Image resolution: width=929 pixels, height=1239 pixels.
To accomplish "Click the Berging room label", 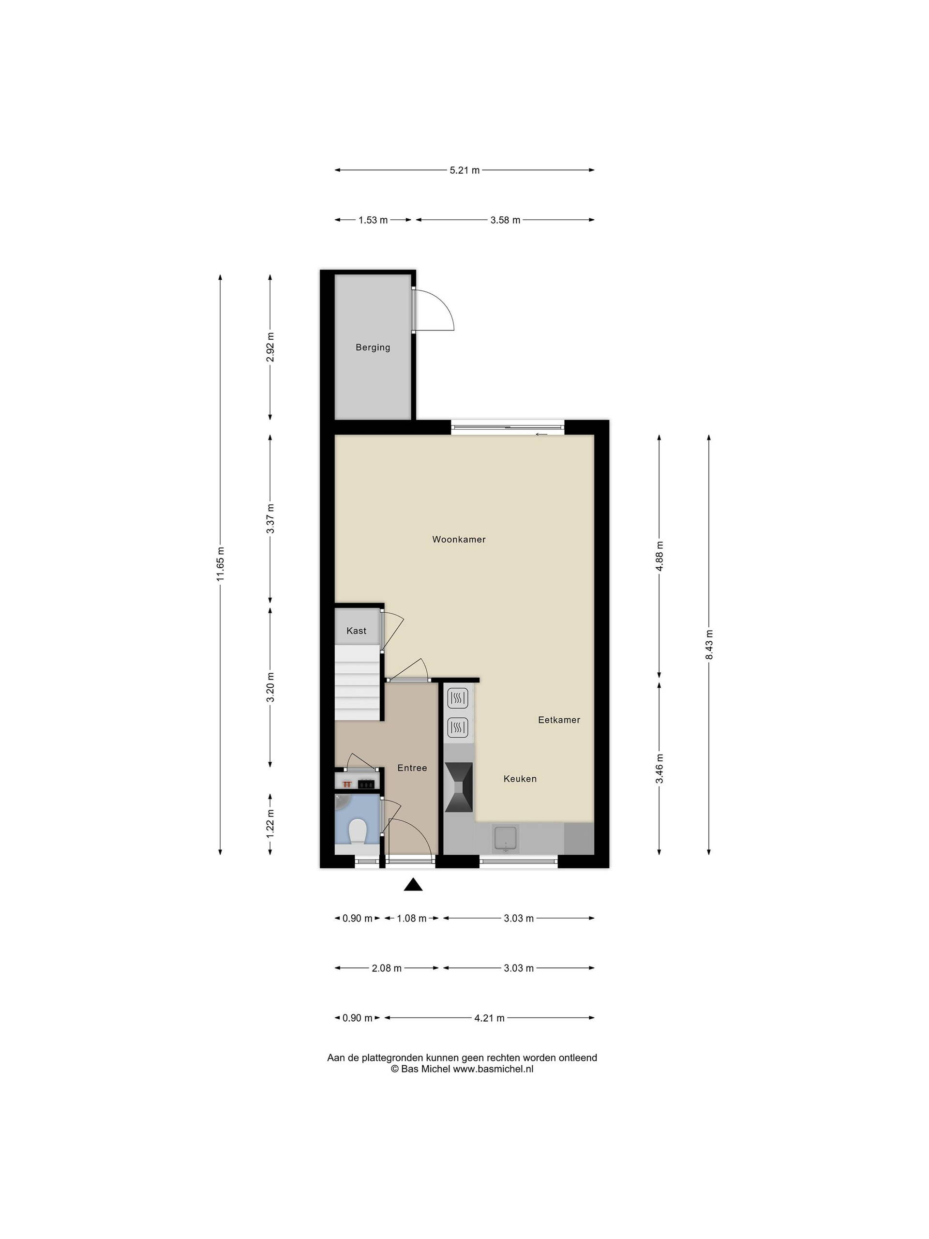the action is click(373, 348).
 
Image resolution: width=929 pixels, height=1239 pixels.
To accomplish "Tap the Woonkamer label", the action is click(459, 540).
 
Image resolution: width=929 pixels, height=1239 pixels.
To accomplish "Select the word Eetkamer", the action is click(559, 720).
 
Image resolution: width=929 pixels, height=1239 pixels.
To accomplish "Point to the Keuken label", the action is click(520, 779).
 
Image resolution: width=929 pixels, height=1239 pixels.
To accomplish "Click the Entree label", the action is click(412, 768).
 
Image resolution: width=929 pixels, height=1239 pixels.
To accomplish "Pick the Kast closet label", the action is click(356, 631).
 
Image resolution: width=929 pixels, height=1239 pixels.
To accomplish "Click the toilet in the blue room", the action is click(357, 831).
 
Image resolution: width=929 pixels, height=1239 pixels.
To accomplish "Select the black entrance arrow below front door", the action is click(413, 884).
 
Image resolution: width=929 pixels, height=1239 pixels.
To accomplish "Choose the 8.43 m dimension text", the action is click(709, 645).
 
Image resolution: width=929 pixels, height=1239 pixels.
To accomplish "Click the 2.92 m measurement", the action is click(270, 348).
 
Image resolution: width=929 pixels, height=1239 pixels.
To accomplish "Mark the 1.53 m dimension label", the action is click(373, 220).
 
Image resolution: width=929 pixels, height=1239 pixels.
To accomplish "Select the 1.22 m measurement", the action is click(270, 824).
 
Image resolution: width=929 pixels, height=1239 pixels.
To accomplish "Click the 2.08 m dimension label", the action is click(387, 968).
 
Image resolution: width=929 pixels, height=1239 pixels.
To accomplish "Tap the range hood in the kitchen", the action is click(459, 787).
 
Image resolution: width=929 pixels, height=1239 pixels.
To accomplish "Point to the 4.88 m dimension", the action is click(659, 556).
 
